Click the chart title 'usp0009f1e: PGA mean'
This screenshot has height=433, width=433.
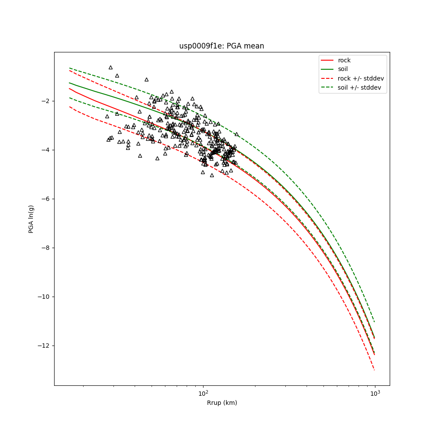[222, 46]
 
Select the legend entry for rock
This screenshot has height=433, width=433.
[344, 60]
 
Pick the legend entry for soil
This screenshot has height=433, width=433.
[343, 69]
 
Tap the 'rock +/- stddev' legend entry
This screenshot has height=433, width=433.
[361, 78]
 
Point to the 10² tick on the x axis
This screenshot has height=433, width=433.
[203, 393]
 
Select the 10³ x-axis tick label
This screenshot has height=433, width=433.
[375, 393]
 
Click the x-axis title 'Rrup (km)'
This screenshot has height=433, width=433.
[222, 403]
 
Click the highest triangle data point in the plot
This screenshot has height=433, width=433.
[110, 67]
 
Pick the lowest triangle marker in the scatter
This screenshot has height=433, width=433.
[212, 175]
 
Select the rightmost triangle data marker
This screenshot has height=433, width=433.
[236, 134]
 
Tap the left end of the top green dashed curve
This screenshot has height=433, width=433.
[69, 68]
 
